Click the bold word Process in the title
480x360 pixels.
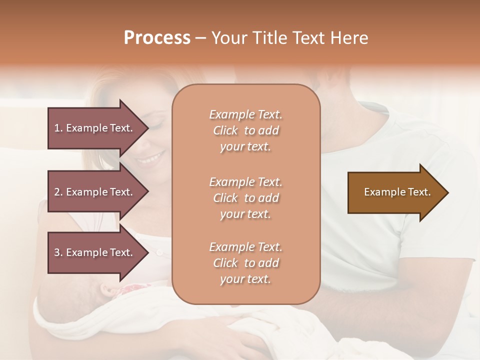[x=157, y=38]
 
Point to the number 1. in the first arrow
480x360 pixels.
[x=58, y=128]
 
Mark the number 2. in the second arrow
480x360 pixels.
[x=58, y=192]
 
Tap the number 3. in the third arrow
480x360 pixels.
[x=58, y=252]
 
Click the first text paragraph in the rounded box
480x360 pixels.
[x=245, y=130]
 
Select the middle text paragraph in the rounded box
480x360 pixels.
[x=245, y=198]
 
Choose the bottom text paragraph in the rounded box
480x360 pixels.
[x=245, y=263]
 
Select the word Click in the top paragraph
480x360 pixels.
[x=225, y=130]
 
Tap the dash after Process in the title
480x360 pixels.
[x=201, y=38]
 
